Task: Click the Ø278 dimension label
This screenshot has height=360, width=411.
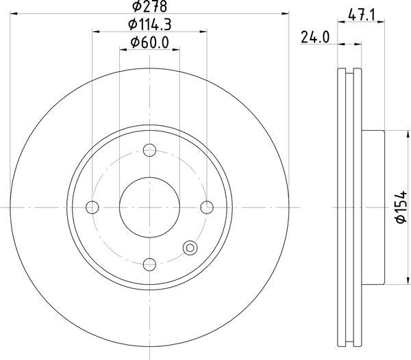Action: pos(149,6)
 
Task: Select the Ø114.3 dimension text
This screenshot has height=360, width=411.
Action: pos(149,25)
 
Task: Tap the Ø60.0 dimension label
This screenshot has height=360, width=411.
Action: pos(149,42)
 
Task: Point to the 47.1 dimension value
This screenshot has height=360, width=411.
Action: pos(362,15)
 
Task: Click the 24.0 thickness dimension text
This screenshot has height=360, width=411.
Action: pos(315,37)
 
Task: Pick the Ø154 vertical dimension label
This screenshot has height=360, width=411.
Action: pos(401,207)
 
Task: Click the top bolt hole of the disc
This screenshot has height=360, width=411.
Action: pos(149,151)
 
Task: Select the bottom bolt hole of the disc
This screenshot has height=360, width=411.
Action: pos(149,264)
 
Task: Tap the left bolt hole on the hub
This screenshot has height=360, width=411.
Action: pos(92,207)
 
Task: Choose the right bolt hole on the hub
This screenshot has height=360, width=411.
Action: pos(207,207)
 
